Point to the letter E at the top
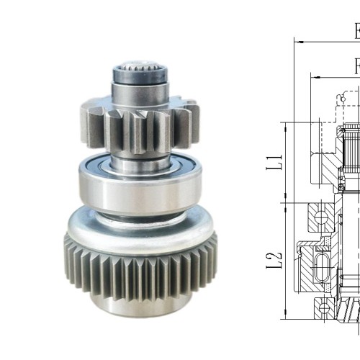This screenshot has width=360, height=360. [356, 32]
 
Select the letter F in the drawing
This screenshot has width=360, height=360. [356, 66]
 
